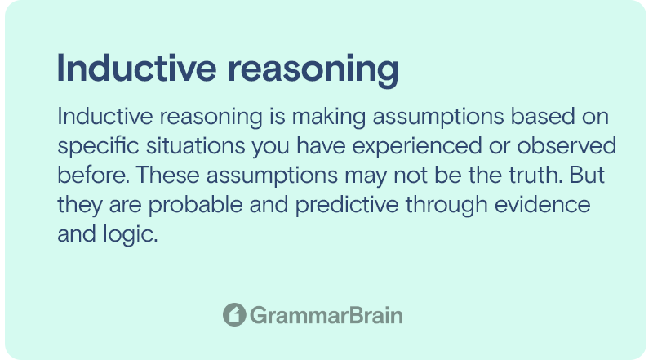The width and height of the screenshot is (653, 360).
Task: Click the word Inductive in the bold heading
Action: (x=136, y=69)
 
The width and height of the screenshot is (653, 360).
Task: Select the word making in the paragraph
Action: (x=329, y=117)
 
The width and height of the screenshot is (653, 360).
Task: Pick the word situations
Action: (x=195, y=146)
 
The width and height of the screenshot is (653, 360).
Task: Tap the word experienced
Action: (x=417, y=147)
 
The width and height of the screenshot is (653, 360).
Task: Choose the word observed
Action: (x=566, y=146)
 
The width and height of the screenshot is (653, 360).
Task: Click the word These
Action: (x=168, y=175)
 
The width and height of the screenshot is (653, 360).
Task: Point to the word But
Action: (x=587, y=175)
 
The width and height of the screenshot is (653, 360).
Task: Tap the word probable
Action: (x=196, y=205)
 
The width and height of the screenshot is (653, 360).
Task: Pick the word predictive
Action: (x=347, y=205)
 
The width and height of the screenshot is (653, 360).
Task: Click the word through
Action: (x=446, y=205)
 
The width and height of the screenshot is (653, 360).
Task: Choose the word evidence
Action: (x=543, y=204)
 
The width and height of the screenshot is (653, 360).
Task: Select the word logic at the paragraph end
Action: (x=131, y=234)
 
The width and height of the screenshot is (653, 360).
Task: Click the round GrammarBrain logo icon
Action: (x=234, y=314)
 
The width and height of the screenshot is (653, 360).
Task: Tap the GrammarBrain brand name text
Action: (x=326, y=315)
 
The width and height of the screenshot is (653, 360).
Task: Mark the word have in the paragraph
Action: (x=321, y=146)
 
